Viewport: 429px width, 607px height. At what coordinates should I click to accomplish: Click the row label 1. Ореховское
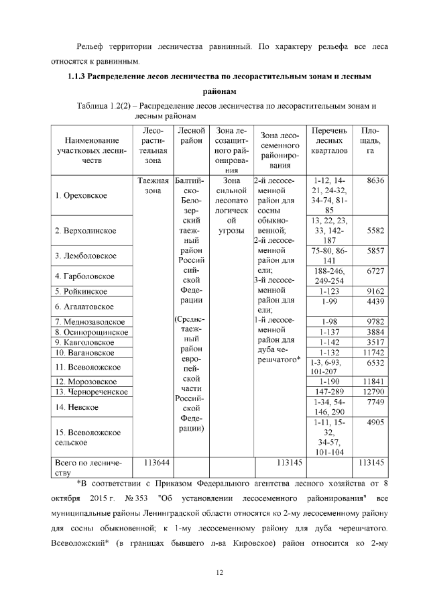pos(83,195)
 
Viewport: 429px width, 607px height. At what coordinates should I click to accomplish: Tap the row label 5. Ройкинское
pos(84,290)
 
